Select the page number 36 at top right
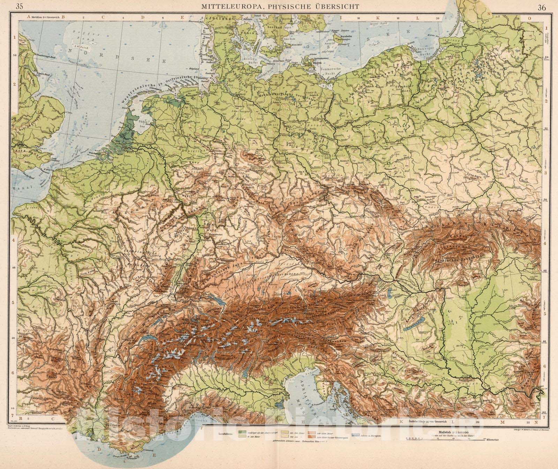point(542,7)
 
